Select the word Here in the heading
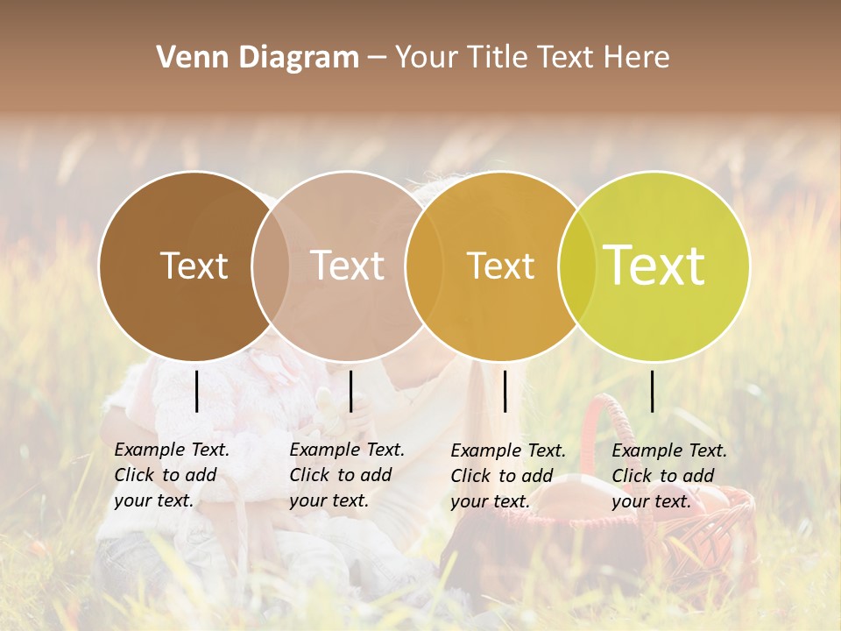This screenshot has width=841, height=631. (x=637, y=58)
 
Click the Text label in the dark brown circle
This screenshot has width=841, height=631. (x=194, y=266)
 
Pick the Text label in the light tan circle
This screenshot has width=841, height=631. (x=348, y=266)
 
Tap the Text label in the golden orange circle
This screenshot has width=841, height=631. (x=500, y=266)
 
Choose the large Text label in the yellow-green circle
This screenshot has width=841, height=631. (x=654, y=266)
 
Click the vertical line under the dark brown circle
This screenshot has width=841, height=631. (x=196, y=391)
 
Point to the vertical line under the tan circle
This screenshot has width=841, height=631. (x=350, y=391)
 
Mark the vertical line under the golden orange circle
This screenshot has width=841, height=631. (x=505, y=391)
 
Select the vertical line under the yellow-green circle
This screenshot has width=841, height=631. (x=652, y=391)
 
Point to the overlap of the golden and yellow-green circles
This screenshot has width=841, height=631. (x=577, y=266)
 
